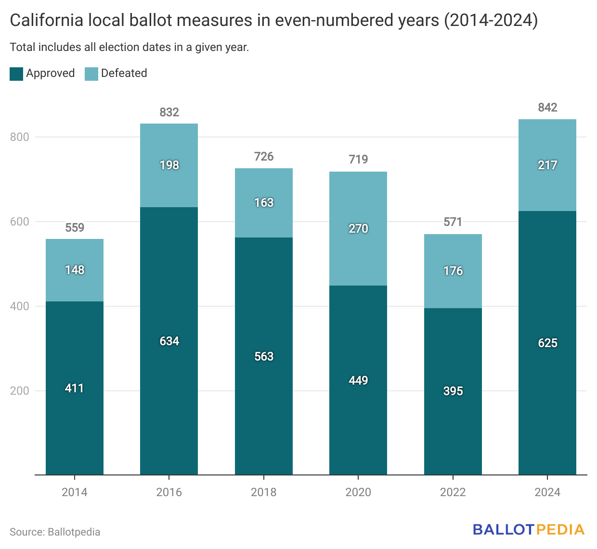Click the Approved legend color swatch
point(16,74)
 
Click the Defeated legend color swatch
point(91,74)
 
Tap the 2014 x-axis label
point(75,492)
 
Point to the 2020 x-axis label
point(358,492)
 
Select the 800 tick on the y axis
point(20,137)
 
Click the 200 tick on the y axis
point(20,391)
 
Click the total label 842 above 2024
point(547,108)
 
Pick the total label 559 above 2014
point(75,228)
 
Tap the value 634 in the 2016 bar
point(169,341)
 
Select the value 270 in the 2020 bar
point(358,229)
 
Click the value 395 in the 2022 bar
point(453,391)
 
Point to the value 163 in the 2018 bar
point(264,203)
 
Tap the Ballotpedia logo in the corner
point(528,530)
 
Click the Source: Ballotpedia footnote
point(55,532)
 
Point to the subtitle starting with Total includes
point(129,47)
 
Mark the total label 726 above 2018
point(264,157)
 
